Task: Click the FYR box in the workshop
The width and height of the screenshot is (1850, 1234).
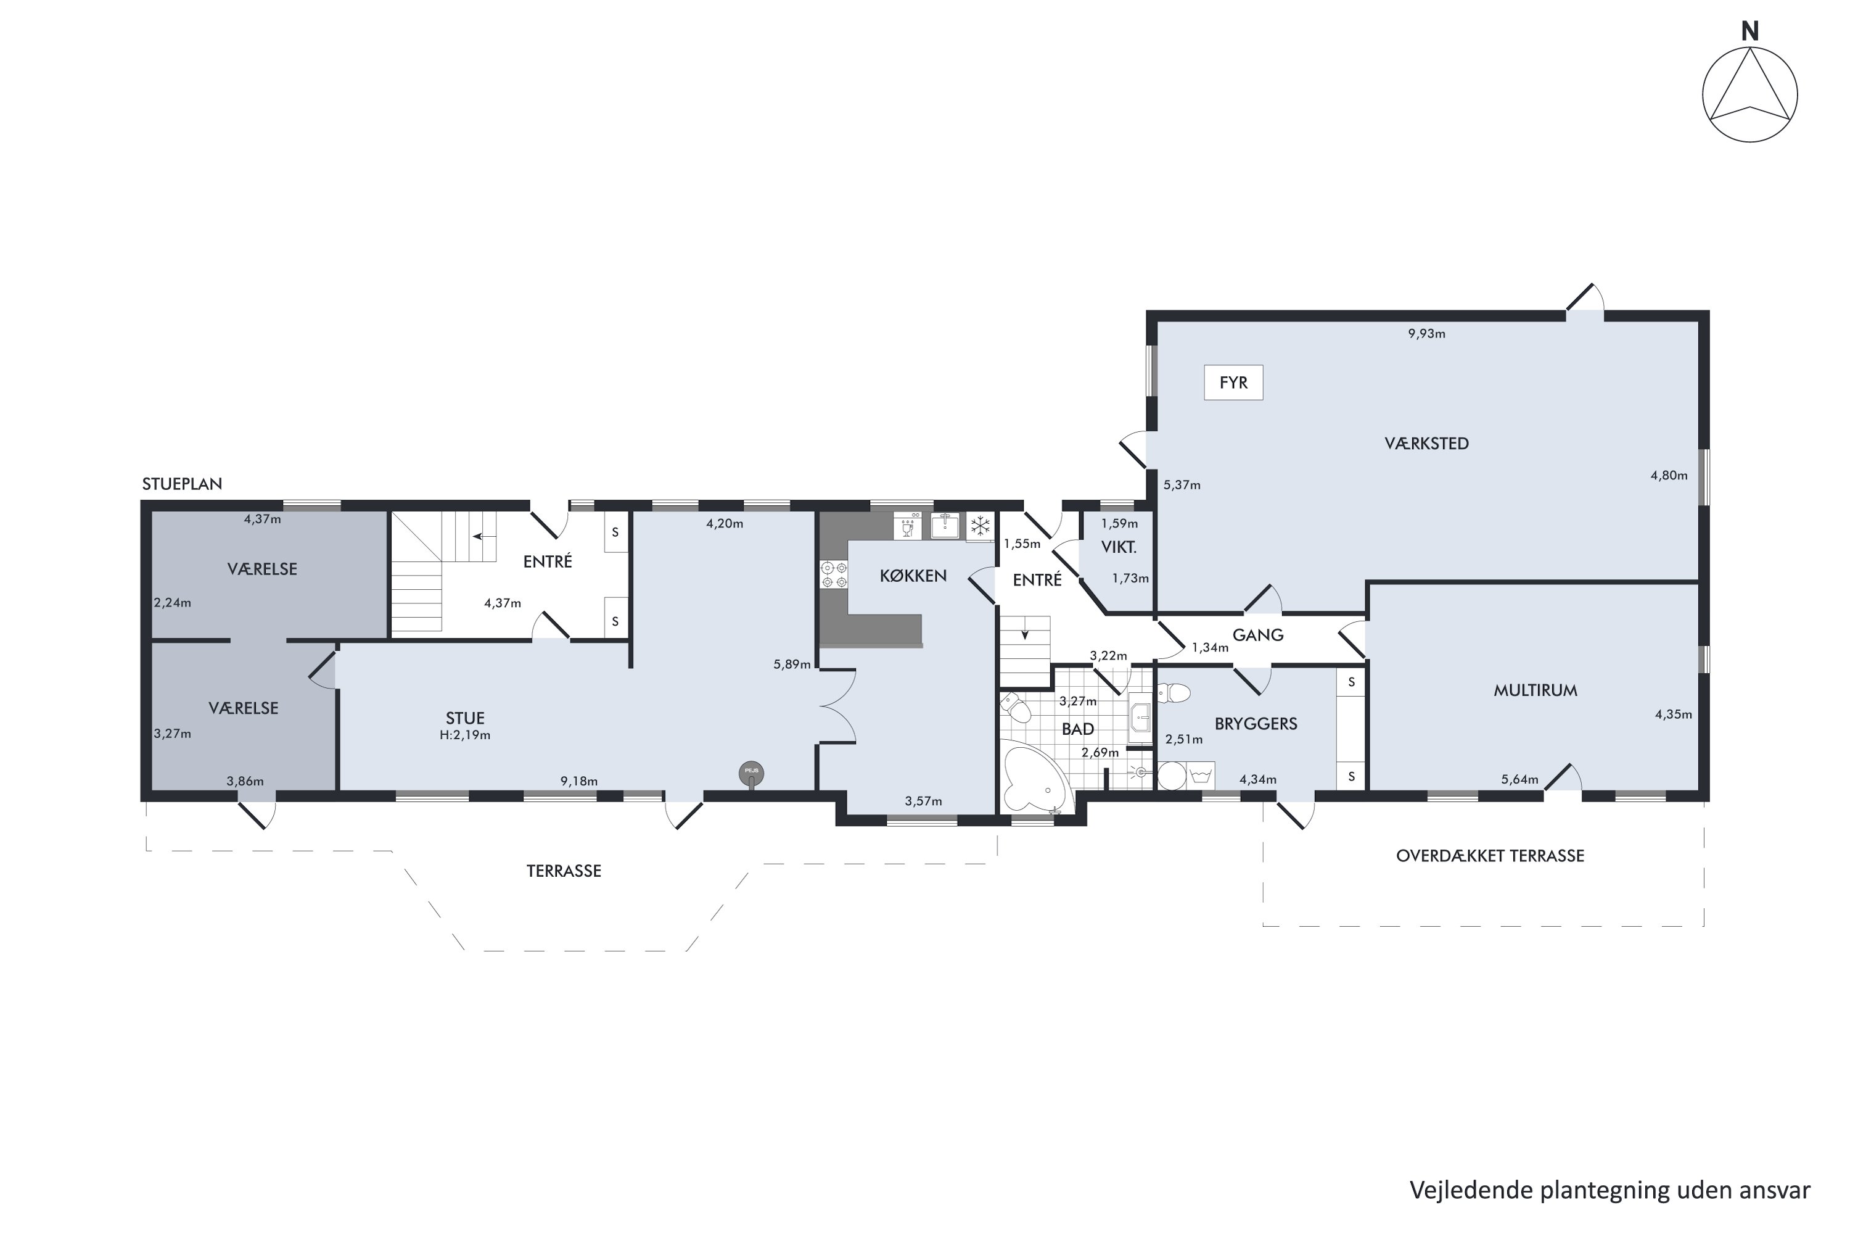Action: click(x=1233, y=383)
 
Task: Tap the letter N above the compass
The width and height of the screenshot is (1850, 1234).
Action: click(x=1749, y=31)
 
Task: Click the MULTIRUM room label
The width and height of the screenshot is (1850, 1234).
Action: click(x=1535, y=690)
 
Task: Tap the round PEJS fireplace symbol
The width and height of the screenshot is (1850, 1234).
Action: click(x=751, y=774)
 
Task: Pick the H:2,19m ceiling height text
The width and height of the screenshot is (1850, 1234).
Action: click(x=465, y=735)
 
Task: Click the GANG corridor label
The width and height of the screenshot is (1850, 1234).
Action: click(x=1258, y=634)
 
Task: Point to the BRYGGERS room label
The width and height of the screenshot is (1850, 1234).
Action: click(x=1256, y=723)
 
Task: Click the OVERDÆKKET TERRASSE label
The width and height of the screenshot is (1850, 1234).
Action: click(x=1490, y=855)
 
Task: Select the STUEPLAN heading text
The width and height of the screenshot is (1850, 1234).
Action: click(x=182, y=484)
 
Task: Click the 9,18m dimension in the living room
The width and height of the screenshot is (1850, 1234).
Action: click(x=579, y=782)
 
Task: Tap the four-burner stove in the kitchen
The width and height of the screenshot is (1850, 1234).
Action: click(x=834, y=574)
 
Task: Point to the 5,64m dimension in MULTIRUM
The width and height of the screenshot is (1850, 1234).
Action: click(x=1519, y=780)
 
